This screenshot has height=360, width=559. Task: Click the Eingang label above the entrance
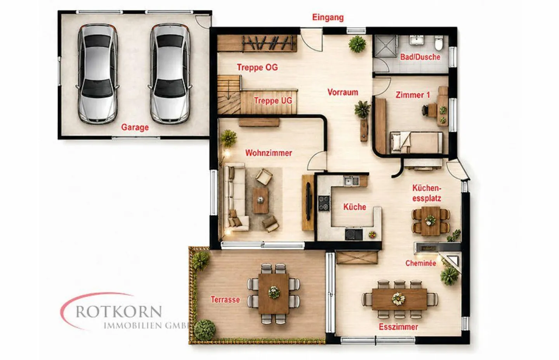[x=328, y=17]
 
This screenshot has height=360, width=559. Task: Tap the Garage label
[x=135, y=127]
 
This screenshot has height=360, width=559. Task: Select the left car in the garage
[x=97, y=74]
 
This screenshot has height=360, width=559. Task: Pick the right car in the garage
[x=170, y=74]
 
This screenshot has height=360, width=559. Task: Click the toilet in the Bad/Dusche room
[x=439, y=43]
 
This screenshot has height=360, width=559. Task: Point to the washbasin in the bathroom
[x=416, y=40]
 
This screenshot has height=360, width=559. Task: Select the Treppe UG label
[x=273, y=101]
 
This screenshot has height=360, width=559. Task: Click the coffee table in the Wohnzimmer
[x=260, y=201]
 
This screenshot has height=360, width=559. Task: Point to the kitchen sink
[x=351, y=181]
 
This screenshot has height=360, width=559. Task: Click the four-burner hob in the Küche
[x=324, y=203]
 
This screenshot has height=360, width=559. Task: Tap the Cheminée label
[x=421, y=263]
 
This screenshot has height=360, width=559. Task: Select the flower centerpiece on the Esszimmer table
[x=398, y=299]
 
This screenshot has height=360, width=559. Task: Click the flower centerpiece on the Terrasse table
[x=274, y=292]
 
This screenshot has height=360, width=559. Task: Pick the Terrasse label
[x=225, y=299]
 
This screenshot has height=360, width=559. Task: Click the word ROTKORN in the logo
[x=119, y=312]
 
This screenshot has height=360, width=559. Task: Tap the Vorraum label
[x=343, y=92]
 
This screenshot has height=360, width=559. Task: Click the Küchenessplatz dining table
[x=431, y=221]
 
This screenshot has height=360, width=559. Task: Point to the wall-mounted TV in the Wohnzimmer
[x=309, y=201]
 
